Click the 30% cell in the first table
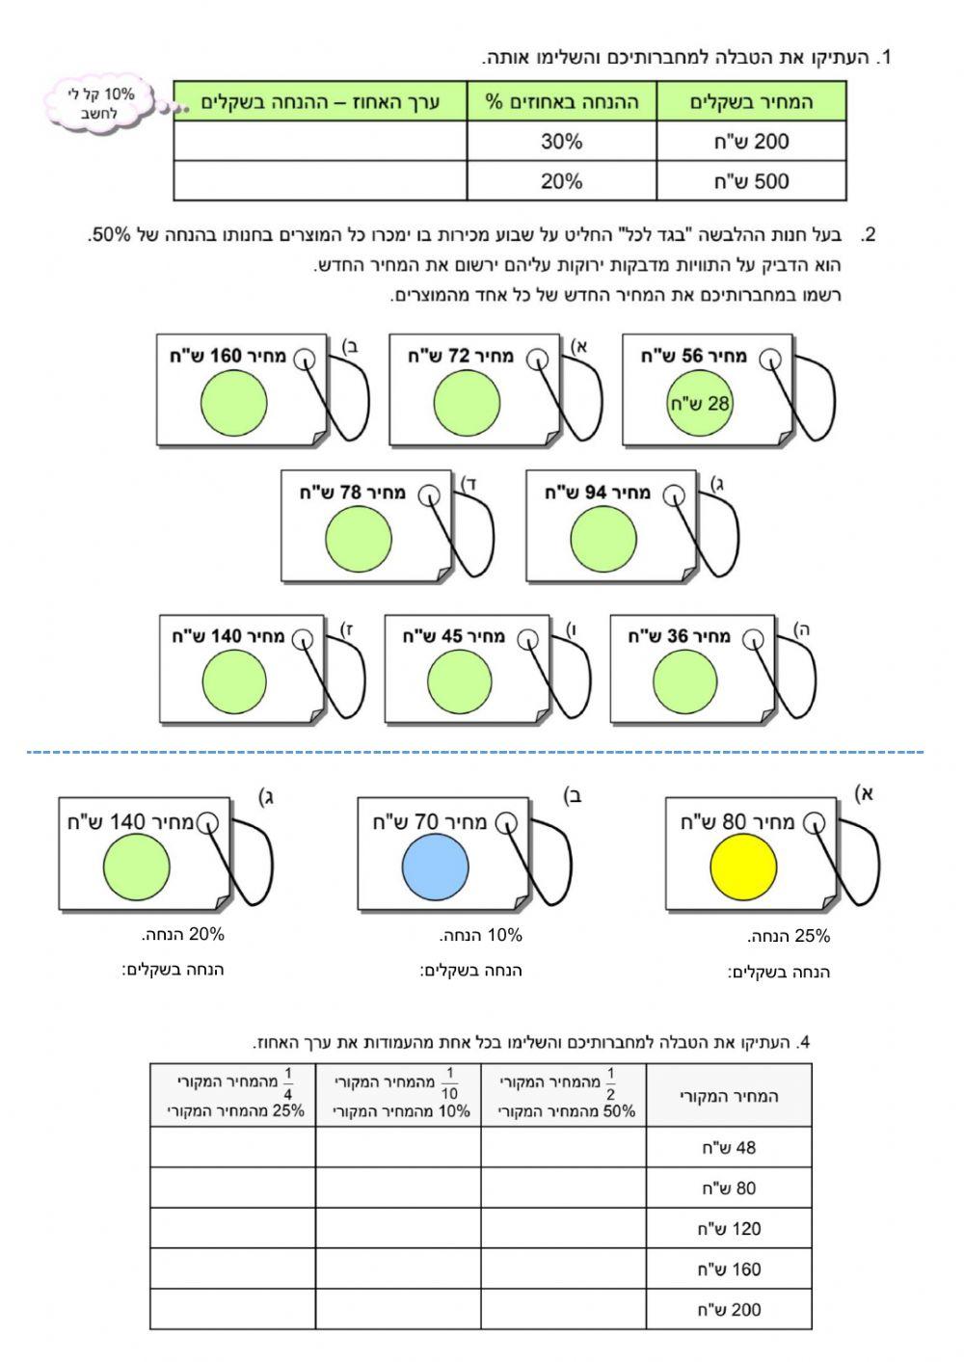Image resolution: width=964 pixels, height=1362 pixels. click(561, 142)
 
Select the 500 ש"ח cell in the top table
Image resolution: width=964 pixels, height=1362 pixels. click(751, 181)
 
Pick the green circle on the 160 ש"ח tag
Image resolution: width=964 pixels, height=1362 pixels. click(234, 403)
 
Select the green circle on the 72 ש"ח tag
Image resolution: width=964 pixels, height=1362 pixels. click(467, 403)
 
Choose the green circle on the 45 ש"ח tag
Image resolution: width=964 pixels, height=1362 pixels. click(460, 681)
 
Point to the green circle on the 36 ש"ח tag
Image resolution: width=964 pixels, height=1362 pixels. click(685, 681)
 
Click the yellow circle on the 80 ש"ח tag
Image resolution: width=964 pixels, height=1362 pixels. click(743, 867)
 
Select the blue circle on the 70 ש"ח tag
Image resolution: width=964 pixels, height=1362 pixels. click(435, 867)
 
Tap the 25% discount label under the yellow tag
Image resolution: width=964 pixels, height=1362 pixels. click(789, 936)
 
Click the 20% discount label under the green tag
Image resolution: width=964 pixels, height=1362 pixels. click(183, 934)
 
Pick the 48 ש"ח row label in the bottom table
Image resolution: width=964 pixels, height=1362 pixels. click(729, 1148)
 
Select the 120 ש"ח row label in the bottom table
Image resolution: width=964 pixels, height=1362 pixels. click(729, 1229)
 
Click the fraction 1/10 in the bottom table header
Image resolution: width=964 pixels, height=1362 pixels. click(449, 1083)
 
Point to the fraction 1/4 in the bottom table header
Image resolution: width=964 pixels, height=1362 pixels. click(287, 1083)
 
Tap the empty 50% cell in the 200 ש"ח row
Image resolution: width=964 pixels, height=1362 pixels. click(563, 1310)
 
